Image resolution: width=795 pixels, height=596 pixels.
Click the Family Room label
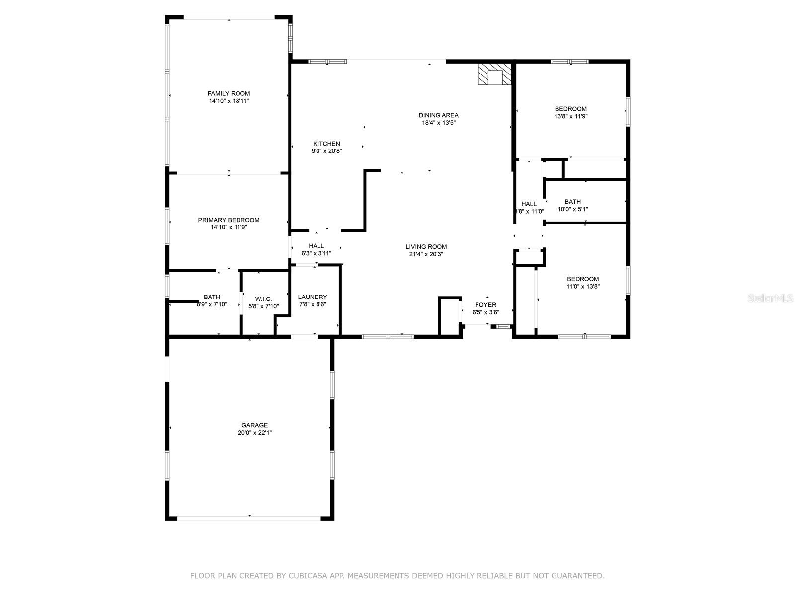pyautogui.click(x=229, y=94)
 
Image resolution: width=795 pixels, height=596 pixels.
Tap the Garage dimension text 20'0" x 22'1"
pyautogui.click(x=254, y=433)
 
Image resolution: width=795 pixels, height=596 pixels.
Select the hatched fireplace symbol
pyautogui.click(x=495, y=74)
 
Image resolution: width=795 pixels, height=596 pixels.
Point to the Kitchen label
pyautogui.click(x=326, y=144)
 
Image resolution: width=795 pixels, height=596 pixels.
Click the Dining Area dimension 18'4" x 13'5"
pyautogui.click(x=439, y=123)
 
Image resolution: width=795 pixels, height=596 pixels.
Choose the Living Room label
pyautogui.click(x=426, y=247)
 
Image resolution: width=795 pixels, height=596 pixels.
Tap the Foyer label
pyautogui.click(x=485, y=305)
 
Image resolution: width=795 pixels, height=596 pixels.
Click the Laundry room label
pyautogui.click(x=312, y=297)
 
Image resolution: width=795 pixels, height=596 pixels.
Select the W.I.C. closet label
pyautogui.click(x=263, y=299)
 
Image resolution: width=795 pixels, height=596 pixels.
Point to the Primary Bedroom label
pyautogui.click(x=229, y=220)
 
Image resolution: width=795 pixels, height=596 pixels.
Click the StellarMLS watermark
pyautogui.click(x=770, y=298)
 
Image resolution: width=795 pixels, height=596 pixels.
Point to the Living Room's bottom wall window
pyautogui.click(x=388, y=337)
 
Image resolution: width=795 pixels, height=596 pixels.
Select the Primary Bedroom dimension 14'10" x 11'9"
pyautogui.click(x=229, y=227)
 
